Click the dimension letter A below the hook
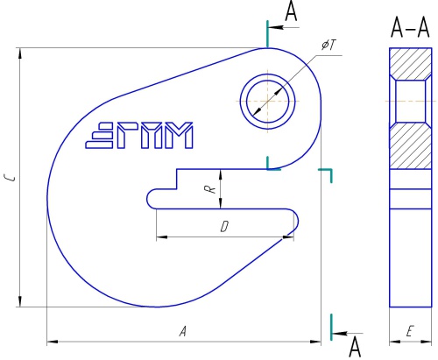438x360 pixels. pyautogui.click(x=183, y=331)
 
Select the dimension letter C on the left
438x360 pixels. pyautogui.click(x=11, y=178)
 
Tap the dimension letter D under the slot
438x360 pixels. pyautogui.click(x=224, y=227)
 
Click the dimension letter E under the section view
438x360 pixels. pyautogui.click(x=410, y=331)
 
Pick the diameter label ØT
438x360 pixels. pyautogui.click(x=328, y=46)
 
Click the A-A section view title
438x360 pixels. pyautogui.click(x=410, y=28)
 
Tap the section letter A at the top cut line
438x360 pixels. pyautogui.click(x=291, y=11)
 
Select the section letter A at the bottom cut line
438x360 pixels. pyautogui.click(x=355, y=347)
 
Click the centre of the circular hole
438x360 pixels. pyautogui.click(x=268, y=102)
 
